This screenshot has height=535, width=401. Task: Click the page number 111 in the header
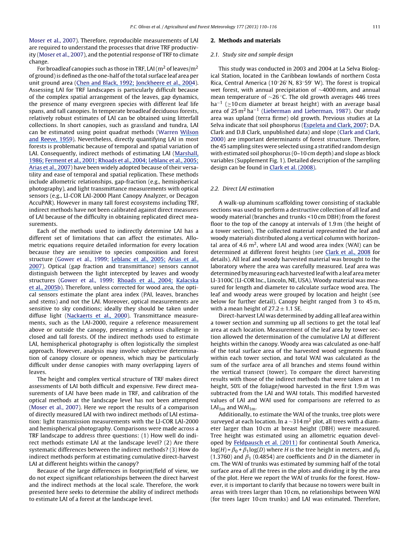tap(376, 27)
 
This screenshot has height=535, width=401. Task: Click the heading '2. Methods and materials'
tap(245, 41)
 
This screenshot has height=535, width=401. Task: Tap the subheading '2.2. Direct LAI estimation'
tap(242, 189)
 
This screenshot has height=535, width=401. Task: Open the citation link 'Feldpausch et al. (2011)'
tap(265, 442)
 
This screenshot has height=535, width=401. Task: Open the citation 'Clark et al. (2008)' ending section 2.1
tap(293, 167)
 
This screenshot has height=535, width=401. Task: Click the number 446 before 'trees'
tap(361, 97)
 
